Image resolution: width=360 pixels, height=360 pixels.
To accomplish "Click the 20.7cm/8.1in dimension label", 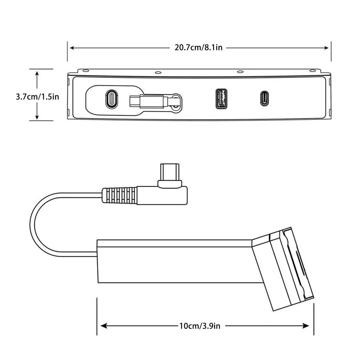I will [198, 47].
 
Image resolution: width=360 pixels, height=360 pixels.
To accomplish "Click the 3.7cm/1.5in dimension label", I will [37, 97].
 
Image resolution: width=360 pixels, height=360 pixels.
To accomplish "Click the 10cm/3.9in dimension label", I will [200, 326].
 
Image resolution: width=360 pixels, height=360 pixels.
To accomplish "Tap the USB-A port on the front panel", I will [221, 98].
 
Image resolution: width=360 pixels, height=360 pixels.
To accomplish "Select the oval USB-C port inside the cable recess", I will [112, 98].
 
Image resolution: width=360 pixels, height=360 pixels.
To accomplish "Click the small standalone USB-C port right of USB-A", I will [264, 98].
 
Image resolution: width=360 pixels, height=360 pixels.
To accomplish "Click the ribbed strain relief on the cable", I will [120, 195].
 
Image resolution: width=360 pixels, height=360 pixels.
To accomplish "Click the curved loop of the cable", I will [35, 225].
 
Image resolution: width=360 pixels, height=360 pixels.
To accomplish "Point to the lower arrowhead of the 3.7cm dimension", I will [37, 117].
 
